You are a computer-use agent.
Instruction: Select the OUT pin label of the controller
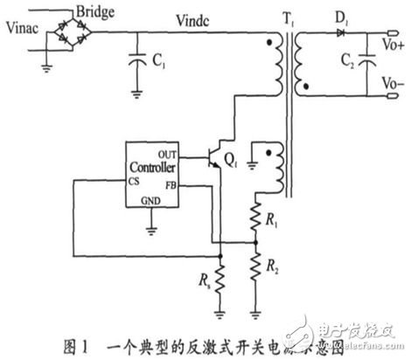click(x=170, y=153)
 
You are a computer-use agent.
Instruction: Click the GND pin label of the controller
click(x=153, y=201)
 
